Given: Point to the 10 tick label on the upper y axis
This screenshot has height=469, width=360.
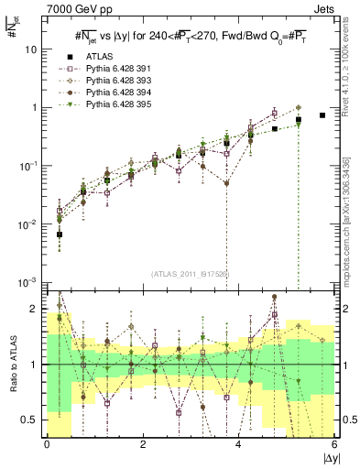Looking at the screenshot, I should pyautogui.click(x=30, y=49).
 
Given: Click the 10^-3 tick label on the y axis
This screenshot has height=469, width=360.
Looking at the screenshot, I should pyautogui.click(x=28, y=282).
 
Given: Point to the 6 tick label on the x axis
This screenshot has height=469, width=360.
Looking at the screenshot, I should pyautogui.click(x=334, y=446).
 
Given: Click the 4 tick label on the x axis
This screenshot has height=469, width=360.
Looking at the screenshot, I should pyautogui.click(x=238, y=446).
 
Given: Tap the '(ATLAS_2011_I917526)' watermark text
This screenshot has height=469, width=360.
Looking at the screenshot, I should pyautogui.click(x=190, y=274).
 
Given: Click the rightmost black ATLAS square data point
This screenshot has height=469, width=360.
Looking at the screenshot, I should pyautogui.click(x=322, y=115).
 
